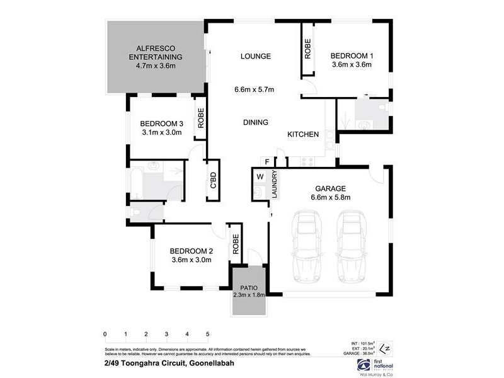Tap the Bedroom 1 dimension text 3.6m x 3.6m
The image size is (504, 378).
[x=352, y=64]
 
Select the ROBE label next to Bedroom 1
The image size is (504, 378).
[x=308, y=49]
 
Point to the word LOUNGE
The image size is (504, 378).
[x=255, y=56]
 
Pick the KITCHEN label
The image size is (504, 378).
[x=303, y=134]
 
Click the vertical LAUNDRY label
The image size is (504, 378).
[x=275, y=186]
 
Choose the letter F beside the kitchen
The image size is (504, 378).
[x=267, y=162]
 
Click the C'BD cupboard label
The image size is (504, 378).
[x=213, y=180]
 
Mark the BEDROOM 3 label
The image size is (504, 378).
[x=162, y=123]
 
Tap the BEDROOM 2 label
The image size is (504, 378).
[x=190, y=250]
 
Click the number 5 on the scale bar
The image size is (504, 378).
[x=207, y=334]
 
